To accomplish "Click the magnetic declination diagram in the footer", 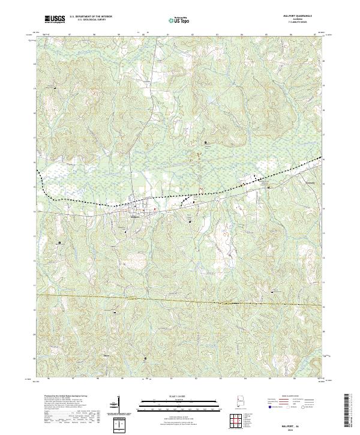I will coord(118,406).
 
